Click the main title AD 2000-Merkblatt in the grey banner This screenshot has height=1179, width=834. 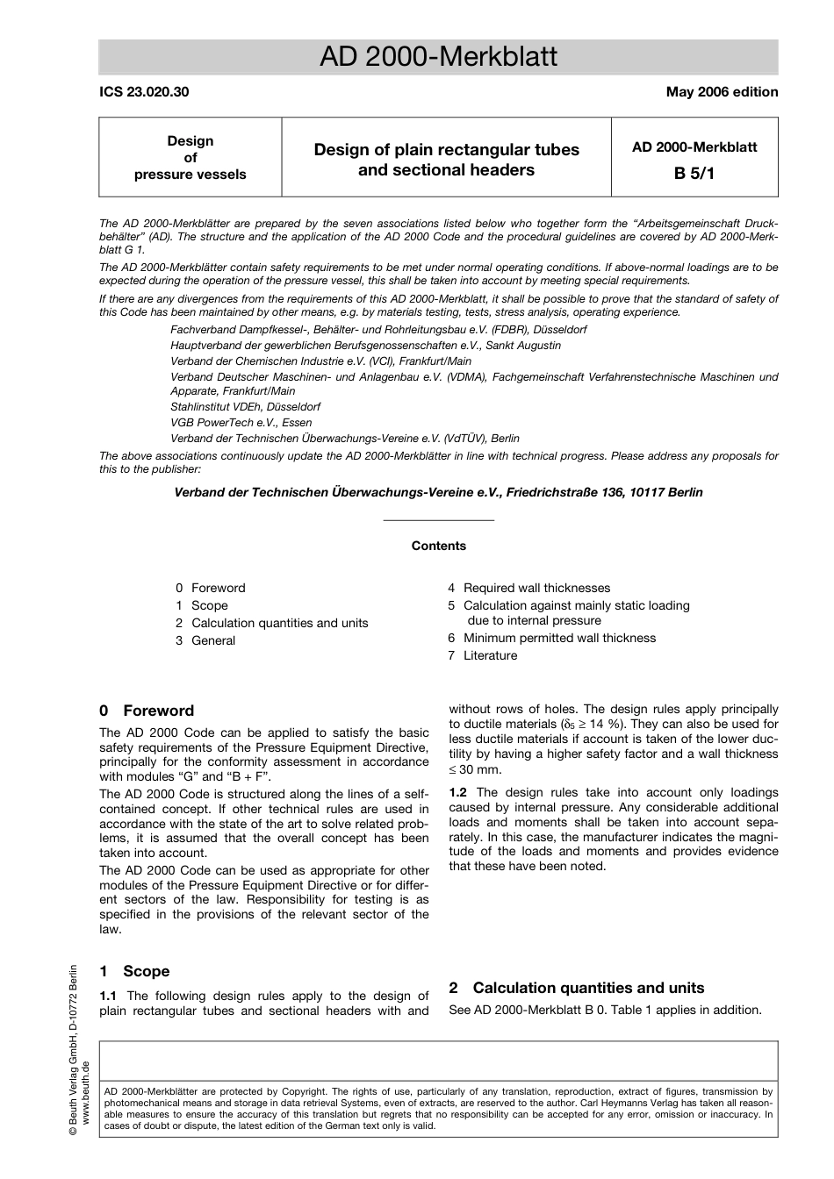tap(438, 57)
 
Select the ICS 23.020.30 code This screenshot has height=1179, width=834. tap(144, 92)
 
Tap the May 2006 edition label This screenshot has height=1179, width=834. tap(722, 92)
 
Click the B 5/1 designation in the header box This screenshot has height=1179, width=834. tap(694, 173)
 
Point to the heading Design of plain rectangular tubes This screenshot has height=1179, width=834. tap(446, 150)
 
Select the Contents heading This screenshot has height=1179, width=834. tap(438, 546)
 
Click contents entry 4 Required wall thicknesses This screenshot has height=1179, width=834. tap(528, 588)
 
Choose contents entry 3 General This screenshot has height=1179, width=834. tap(205, 640)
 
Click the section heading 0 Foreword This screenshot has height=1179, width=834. tap(147, 711)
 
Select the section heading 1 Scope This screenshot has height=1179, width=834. tap(134, 971)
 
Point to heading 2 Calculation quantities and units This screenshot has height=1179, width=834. tap(576, 988)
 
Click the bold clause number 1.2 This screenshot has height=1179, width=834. tap(457, 792)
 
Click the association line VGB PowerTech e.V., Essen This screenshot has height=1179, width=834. tap(241, 422)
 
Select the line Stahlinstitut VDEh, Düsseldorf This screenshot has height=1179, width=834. tap(245, 407)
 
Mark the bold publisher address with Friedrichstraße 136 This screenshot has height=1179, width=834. tap(438, 492)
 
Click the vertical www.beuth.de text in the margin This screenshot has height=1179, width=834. tap(85, 1092)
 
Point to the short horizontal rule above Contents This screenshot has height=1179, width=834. tap(438, 521)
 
